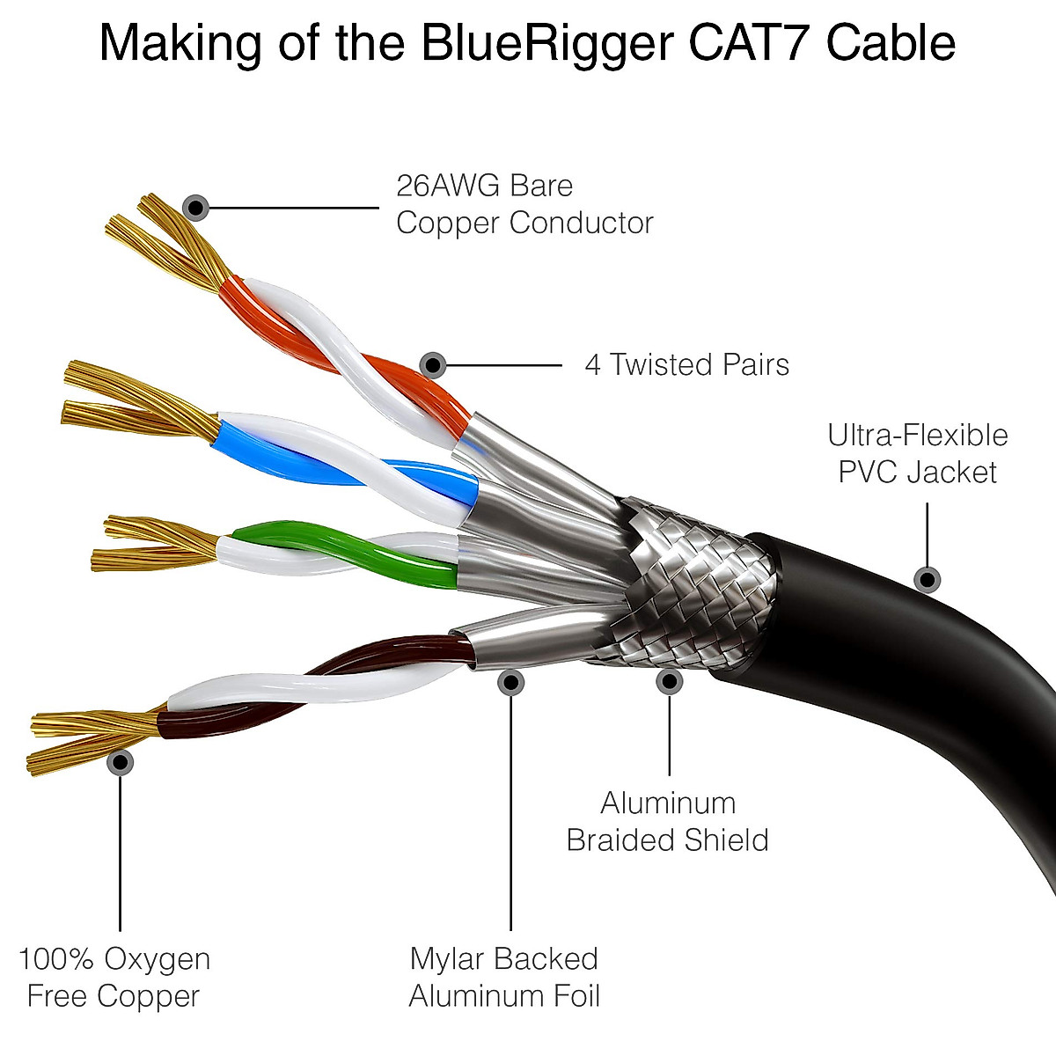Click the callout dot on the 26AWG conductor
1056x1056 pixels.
(195, 209)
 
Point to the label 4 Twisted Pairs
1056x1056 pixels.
(686, 364)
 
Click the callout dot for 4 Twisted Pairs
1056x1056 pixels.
(432, 364)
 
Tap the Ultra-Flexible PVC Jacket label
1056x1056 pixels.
(917, 453)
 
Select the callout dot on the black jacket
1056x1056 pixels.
(927, 579)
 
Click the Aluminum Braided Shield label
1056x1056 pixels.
(667, 821)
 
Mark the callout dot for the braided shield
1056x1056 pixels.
(669, 680)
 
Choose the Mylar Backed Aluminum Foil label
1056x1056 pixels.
(504, 977)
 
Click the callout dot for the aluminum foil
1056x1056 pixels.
(510, 681)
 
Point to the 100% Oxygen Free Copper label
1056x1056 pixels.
(114, 977)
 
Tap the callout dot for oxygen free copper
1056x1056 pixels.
(120, 762)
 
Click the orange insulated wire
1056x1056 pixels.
(264, 308)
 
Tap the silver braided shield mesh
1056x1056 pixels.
(695, 581)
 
